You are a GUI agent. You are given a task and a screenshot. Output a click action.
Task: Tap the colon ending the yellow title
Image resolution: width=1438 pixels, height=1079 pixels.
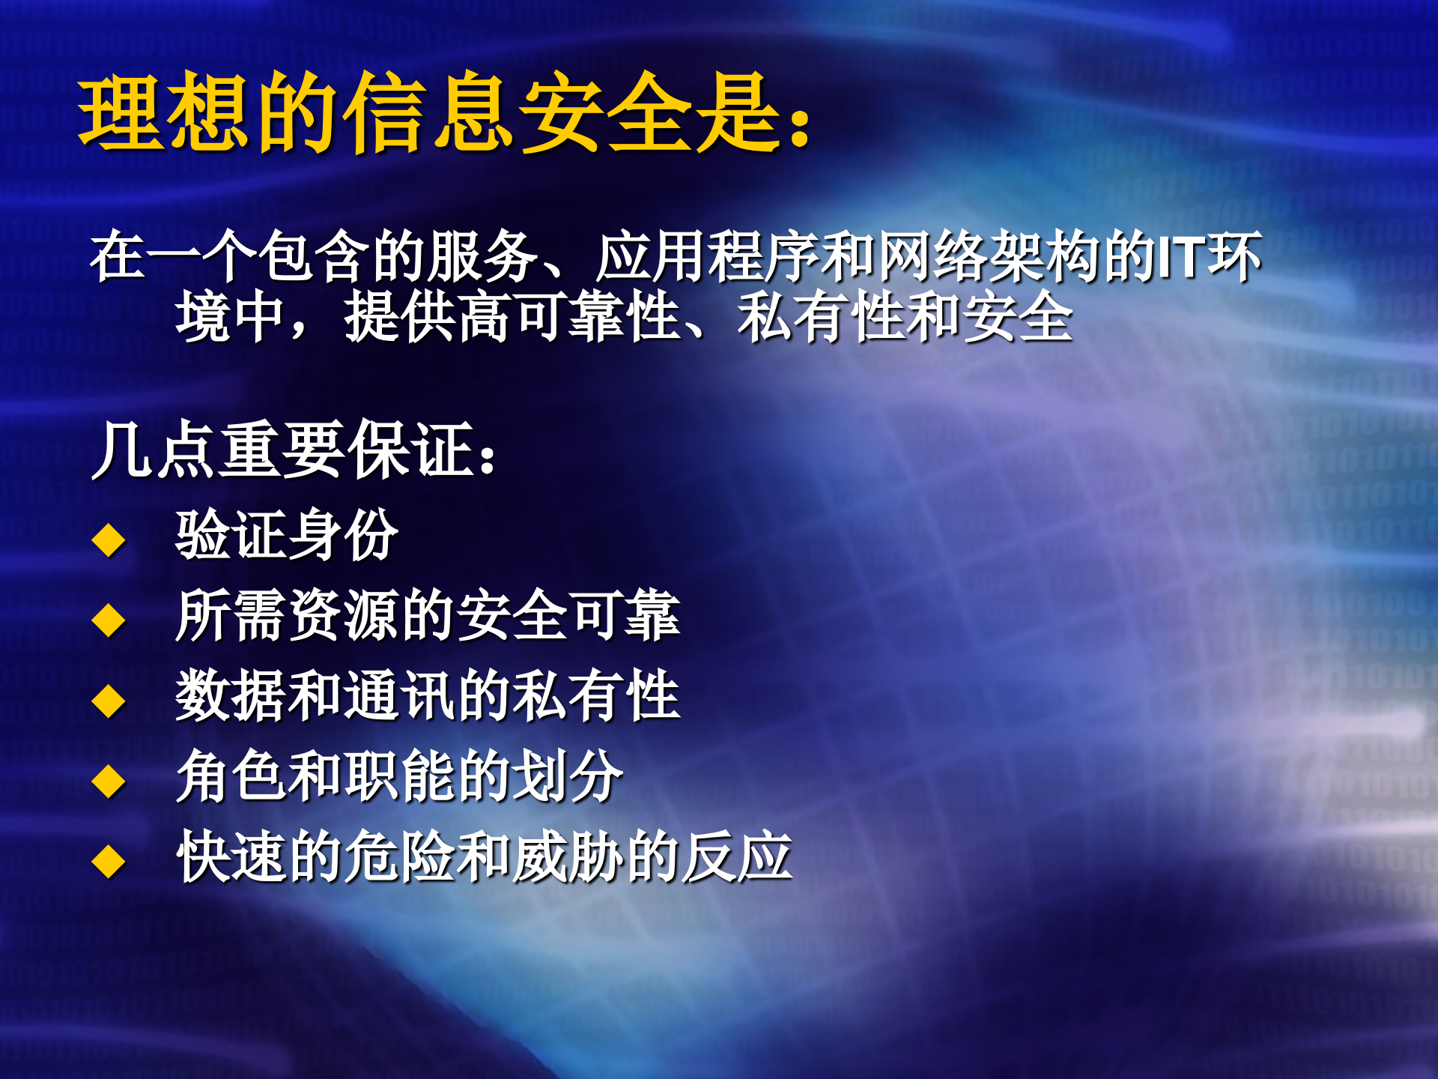tap(800, 124)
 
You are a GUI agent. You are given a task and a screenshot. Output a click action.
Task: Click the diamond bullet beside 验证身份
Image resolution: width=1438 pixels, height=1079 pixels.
tap(109, 539)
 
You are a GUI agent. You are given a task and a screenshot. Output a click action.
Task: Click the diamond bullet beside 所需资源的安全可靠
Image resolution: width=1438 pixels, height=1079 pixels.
tap(109, 620)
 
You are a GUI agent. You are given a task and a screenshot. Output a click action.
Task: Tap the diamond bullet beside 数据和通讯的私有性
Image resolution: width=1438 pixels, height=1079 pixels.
tap(109, 701)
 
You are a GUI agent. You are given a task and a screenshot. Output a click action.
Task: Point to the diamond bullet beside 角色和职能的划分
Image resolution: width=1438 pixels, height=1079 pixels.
tap(109, 782)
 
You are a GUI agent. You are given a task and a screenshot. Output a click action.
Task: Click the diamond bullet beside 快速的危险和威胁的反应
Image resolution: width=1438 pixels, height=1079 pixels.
tap(109, 862)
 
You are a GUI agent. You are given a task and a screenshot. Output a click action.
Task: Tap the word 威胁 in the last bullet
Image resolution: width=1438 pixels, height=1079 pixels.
tap(568, 856)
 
